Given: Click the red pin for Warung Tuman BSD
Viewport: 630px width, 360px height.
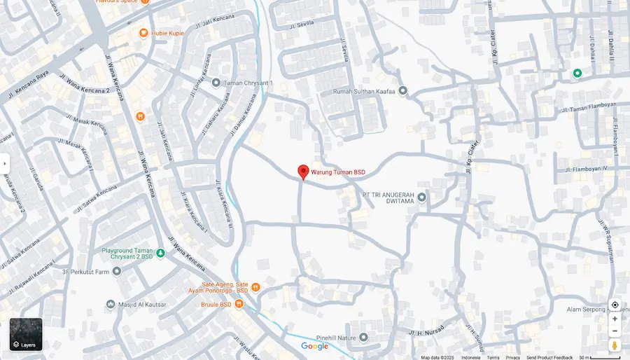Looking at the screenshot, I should click(x=303, y=172).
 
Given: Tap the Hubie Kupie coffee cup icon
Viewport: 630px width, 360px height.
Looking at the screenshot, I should click(x=143, y=32).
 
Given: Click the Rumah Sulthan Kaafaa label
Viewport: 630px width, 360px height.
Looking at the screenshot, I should click(x=364, y=91).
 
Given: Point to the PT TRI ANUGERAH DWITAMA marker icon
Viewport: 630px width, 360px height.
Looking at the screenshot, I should click(x=421, y=197).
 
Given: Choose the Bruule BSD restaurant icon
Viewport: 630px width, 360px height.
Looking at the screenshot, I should click(x=239, y=304).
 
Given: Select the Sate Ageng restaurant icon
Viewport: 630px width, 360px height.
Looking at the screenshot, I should click(x=255, y=287).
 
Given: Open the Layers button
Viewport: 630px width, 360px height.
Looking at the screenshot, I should click(x=26, y=335).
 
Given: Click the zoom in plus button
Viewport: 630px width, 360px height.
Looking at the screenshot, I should click(x=615, y=319).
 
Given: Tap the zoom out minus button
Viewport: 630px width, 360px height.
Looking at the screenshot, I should click(x=615, y=331).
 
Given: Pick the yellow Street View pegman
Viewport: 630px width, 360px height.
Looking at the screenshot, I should click(x=615, y=345).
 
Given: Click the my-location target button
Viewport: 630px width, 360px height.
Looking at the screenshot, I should click(x=615, y=305).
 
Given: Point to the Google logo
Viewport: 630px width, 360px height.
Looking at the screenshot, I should click(x=314, y=346).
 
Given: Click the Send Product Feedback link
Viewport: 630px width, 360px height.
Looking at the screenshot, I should click(x=549, y=357).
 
